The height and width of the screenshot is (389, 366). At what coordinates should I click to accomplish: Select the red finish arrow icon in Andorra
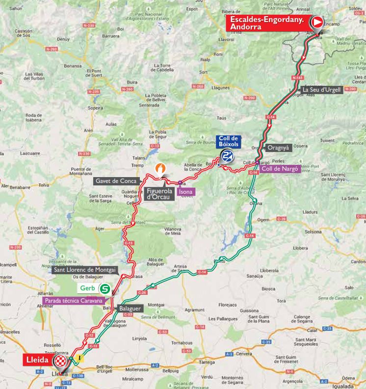tap(317, 22)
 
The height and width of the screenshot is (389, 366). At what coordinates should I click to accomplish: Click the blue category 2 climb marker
tap(227, 156)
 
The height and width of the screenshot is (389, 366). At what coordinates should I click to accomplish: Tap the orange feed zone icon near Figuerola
tap(160, 169)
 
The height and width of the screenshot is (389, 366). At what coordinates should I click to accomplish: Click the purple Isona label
tap(185, 192)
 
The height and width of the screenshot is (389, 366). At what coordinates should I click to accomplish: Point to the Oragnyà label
tap(278, 147)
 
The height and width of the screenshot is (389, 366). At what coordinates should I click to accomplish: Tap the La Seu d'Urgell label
tap(321, 90)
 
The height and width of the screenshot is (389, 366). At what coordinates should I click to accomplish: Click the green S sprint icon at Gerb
tap(105, 288)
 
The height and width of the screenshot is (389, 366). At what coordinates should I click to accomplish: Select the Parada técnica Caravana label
tap(73, 300)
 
